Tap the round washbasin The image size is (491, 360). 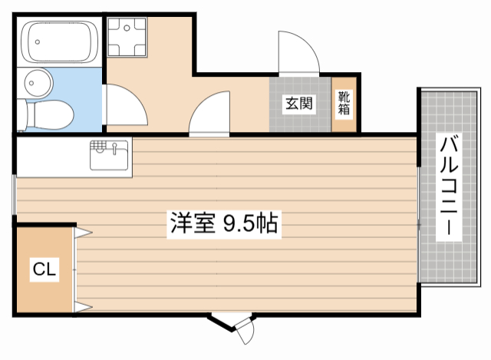click(x=36, y=81)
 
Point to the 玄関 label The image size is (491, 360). click(x=299, y=104)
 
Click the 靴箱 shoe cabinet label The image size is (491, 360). click(x=343, y=103)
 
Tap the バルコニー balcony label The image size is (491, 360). click(x=450, y=184)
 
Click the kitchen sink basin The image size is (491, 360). click(x=110, y=157)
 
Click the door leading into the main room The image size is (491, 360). click(x=209, y=115)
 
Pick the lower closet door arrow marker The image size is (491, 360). click(x=84, y=308)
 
